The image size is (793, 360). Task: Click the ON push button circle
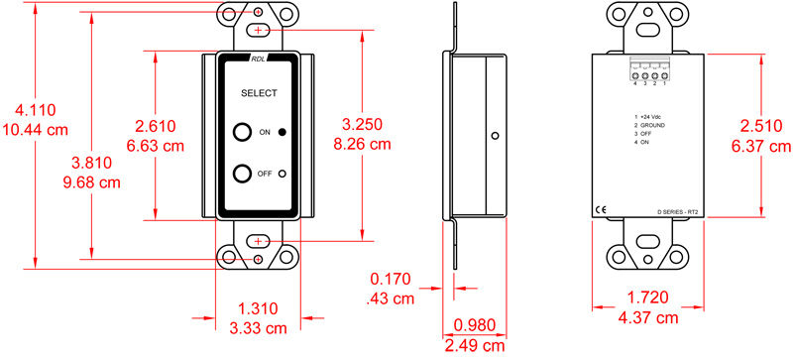click(242, 132)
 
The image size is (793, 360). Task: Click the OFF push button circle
click(242, 174)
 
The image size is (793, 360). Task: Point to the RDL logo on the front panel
click(258, 60)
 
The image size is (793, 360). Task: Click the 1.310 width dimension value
click(258, 309)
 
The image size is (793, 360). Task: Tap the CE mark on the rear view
click(601, 208)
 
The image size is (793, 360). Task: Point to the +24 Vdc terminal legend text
click(653, 118)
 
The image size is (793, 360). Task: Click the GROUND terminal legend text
click(654, 126)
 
